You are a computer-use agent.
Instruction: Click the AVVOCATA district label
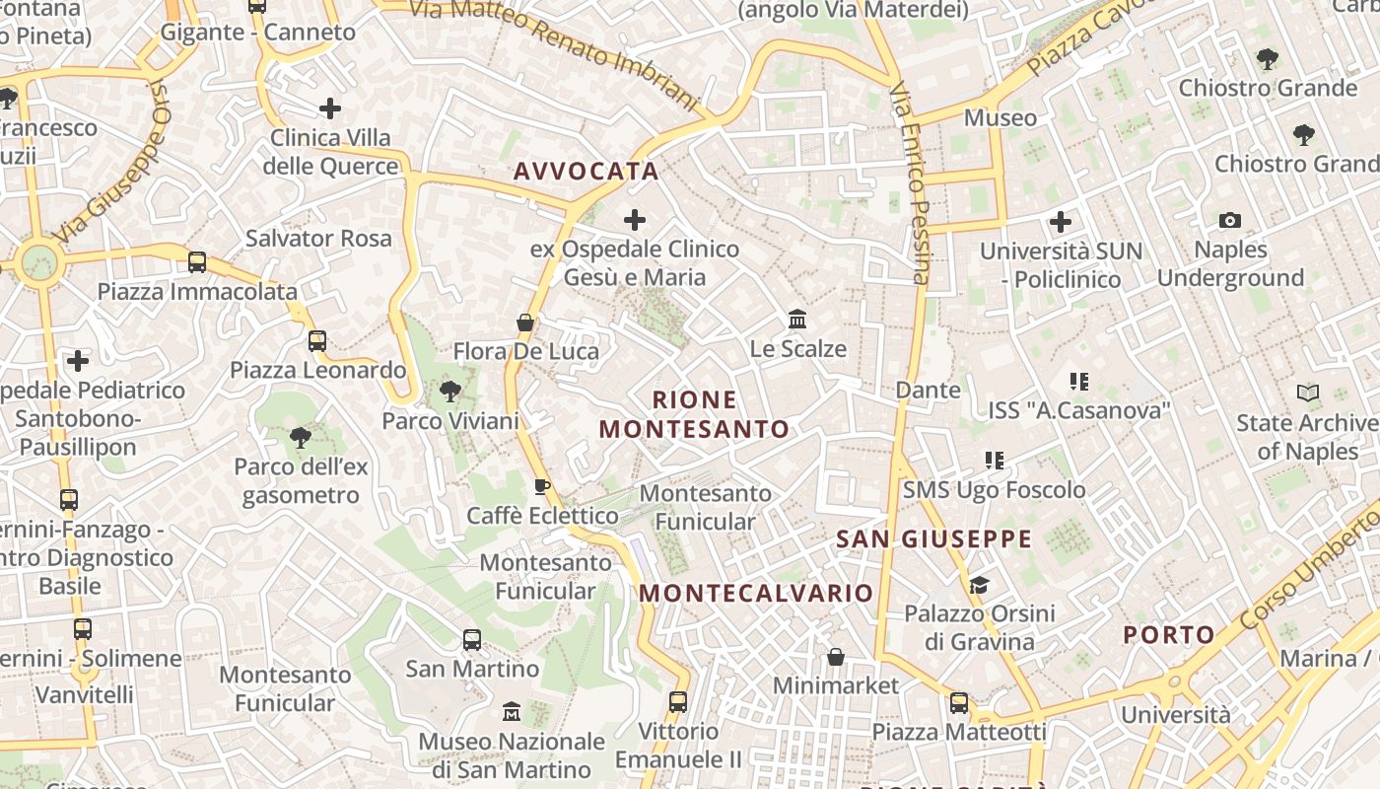click(586, 172)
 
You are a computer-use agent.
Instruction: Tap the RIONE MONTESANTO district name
click(694, 414)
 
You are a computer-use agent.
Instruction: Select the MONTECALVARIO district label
click(756, 593)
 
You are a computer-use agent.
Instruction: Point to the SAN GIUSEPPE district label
click(933, 539)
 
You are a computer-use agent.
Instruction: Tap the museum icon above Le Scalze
click(797, 320)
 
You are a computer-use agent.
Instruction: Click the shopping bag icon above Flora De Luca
click(526, 323)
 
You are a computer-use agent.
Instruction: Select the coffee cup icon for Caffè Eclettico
click(541, 485)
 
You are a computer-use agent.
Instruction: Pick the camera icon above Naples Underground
click(1230, 220)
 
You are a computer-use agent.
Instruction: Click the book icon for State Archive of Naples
click(1308, 394)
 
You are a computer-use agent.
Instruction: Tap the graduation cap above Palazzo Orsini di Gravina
click(978, 585)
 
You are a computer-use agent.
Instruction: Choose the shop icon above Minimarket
click(836, 657)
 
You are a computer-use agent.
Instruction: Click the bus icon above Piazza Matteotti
click(958, 703)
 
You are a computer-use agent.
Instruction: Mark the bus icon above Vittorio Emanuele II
click(677, 702)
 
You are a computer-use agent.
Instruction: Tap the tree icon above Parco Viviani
click(449, 392)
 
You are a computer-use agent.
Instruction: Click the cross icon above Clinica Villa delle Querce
click(330, 108)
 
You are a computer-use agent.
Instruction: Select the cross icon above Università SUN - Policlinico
click(1061, 221)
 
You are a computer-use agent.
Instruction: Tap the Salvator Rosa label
click(318, 238)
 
